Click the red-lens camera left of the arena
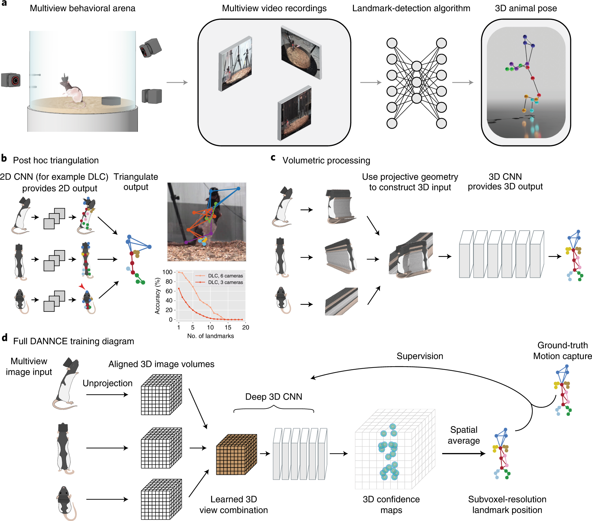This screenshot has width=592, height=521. coord(11,80)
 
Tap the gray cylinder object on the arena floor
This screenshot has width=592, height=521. coord(111,101)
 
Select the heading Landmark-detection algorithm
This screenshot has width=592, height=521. coord(411,8)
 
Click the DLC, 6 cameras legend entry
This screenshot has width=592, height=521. coord(225,276)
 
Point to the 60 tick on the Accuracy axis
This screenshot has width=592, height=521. coord(169,291)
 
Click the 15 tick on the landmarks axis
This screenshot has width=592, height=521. coord(228,327)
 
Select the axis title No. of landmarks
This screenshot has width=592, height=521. coord(210,336)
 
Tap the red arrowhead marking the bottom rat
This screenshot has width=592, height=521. coord(82,286)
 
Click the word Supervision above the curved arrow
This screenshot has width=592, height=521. coord(420,356)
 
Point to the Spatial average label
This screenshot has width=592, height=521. coord(463,435)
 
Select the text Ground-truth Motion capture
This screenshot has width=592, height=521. coord(562,350)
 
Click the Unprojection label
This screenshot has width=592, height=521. coord(108,383)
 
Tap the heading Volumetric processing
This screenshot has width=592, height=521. coord(326,160)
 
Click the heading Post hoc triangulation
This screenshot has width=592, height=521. coord(56,160)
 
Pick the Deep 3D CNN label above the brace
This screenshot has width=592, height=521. coord(273,397)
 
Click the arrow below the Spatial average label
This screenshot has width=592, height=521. coord(463,454)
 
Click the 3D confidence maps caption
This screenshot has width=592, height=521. coord(391,505)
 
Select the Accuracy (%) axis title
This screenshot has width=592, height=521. coord(158,296)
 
